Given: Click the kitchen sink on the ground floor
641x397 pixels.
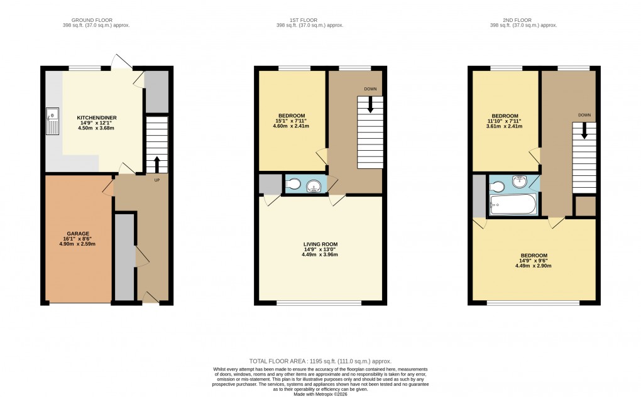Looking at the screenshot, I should point(52,121).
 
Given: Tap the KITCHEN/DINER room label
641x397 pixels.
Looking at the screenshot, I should point(97,117).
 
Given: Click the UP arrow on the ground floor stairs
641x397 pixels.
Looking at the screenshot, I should point(156,165).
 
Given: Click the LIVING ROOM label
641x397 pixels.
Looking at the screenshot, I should point(320,244).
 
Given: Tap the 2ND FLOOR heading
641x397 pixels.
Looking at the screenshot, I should point(523,19).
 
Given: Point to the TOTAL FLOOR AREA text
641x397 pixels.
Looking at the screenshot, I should point(320,361).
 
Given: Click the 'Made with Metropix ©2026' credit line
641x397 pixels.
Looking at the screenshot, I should point(320,393).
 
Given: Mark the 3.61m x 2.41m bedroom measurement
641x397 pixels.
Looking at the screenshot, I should point(505,126).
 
